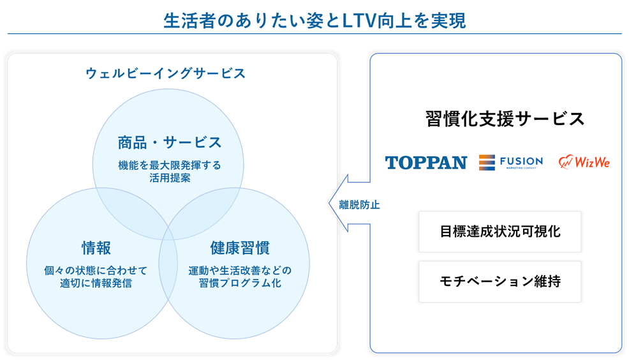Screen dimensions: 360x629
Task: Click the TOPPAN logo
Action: pos(426,163)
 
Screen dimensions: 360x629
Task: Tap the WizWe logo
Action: pos(584,162)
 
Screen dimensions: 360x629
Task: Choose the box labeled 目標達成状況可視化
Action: pos(500,231)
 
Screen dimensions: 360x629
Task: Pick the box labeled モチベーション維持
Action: pos(500,281)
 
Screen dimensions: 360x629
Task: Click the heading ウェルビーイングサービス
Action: pos(165,73)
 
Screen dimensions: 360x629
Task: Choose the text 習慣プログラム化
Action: pos(240,283)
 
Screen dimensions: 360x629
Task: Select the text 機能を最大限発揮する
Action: pos(169,165)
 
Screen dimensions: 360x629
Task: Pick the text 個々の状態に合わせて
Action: pos(96,269)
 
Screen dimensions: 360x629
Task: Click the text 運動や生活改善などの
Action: pos(240,269)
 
